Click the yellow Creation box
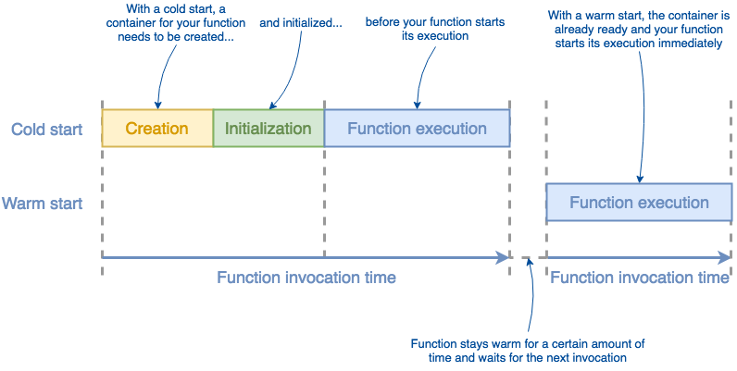tap(156, 129)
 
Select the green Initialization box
tap(268, 129)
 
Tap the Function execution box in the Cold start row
tap(417, 129)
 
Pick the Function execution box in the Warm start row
tap(639, 203)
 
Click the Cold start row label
tap(46, 129)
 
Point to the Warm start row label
tap(43, 203)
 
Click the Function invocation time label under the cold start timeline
tap(306, 278)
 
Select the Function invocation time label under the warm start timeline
tap(639, 278)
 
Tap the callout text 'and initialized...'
tap(300, 22)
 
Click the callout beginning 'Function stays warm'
tap(528, 350)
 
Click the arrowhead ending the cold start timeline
tap(505, 257)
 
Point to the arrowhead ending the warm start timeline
tap(725, 257)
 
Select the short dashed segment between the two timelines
tap(527, 257)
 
